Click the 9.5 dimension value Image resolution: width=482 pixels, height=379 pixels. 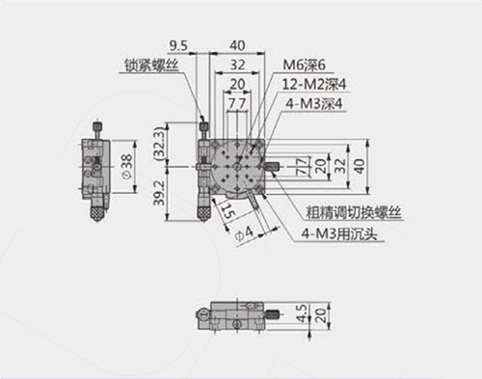pos(178,46)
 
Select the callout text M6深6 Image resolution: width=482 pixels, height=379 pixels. pos(304,65)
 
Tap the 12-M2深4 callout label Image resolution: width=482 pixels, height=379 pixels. pos(314,85)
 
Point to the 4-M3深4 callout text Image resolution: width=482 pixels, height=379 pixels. pos(314,104)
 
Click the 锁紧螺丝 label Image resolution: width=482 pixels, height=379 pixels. pos(151,66)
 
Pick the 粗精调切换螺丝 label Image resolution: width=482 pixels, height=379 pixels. pos(354,213)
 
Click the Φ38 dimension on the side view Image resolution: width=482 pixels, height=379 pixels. pos(127,167)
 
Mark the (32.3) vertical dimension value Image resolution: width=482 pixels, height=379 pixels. pos(160,144)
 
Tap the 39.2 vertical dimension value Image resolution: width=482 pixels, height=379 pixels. pos(159,193)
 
